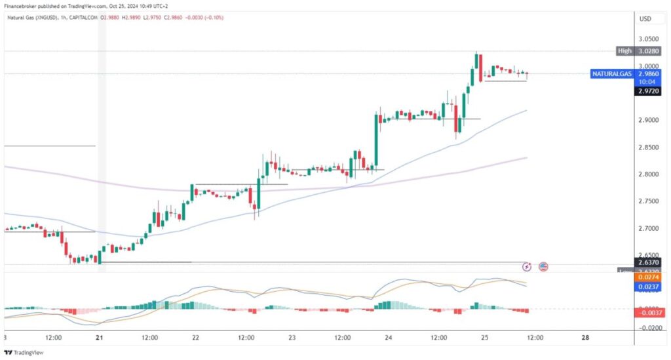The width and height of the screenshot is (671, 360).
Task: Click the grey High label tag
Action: [x=624, y=50]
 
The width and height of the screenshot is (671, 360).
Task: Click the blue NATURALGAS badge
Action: [x=612, y=74]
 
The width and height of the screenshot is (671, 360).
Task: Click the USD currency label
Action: [x=645, y=18]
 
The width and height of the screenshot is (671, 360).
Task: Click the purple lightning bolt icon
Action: [x=527, y=266]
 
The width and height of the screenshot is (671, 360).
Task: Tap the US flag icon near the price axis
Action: [x=543, y=266]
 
